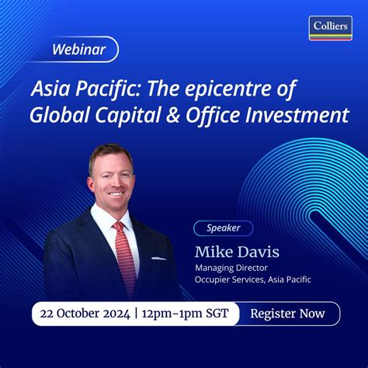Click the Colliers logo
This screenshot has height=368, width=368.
click(x=330, y=27)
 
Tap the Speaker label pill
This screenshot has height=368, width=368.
click(x=223, y=228)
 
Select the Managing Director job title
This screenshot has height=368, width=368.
click(x=230, y=269)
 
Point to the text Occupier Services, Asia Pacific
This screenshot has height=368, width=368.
click(x=253, y=279)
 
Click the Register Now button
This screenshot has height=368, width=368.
click(x=288, y=314)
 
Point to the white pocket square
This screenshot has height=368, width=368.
click(x=158, y=258)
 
